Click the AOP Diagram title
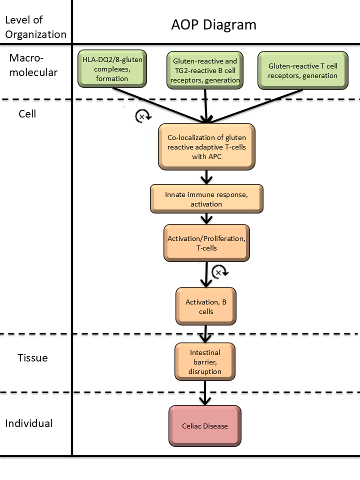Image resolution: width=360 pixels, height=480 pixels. coord(213,24)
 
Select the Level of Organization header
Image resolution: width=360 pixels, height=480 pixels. coord(35,27)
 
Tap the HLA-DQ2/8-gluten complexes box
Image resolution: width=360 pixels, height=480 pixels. coord(112,68)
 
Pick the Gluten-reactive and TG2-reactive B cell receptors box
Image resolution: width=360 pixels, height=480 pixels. coord(205,70)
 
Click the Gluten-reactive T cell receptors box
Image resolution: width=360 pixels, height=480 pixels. coord(302,70)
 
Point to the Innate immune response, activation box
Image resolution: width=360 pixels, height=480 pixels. coord(206,199)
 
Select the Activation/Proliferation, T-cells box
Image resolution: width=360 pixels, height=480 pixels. coord(205,242)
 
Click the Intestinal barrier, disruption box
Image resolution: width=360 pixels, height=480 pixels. coord(205,361)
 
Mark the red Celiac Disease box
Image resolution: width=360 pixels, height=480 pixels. coord(205,426)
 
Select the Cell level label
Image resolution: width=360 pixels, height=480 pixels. coord(27,113)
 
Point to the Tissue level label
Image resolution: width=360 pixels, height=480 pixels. coord(32,358)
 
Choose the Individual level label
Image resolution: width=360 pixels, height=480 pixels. coord(29,423)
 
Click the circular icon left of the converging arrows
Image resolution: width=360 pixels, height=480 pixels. coord(142,116)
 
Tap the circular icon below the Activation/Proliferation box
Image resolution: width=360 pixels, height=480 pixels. coord(219,271)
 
